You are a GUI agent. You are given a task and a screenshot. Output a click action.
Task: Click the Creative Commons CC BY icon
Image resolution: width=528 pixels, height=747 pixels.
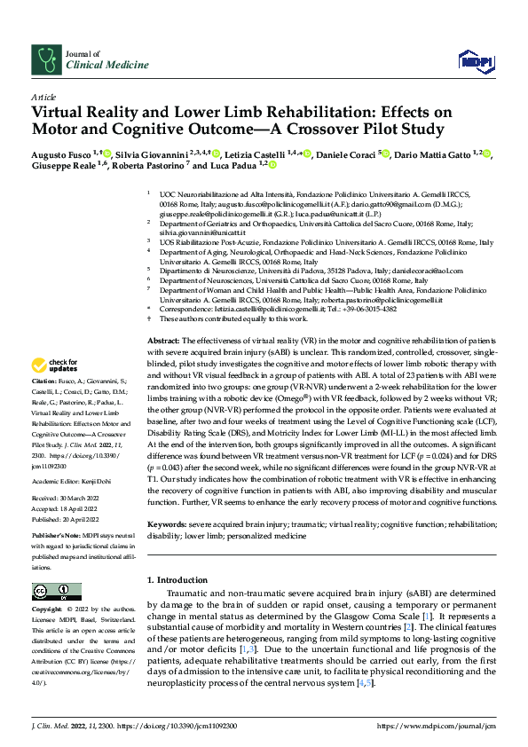[51, 591]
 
